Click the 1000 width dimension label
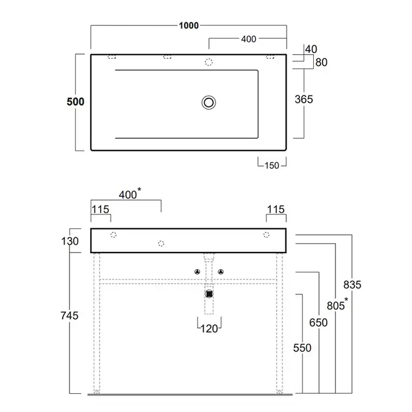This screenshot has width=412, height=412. click(x=189, y=25)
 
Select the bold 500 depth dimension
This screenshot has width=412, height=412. click(x=75, y=102)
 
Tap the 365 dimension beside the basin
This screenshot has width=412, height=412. click(x=304, y=99)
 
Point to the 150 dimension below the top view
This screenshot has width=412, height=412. click(x=272, y=165)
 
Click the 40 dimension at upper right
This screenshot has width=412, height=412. click(x=311, y=49)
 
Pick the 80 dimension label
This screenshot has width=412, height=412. click(x=321, y=62)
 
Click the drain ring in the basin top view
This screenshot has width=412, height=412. click(x=209, y=102)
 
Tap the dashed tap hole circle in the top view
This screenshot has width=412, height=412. click(x=208, y=62)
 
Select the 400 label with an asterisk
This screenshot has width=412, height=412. click(x=130, y=194)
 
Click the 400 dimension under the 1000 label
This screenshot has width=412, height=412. click(x=248, y=39)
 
